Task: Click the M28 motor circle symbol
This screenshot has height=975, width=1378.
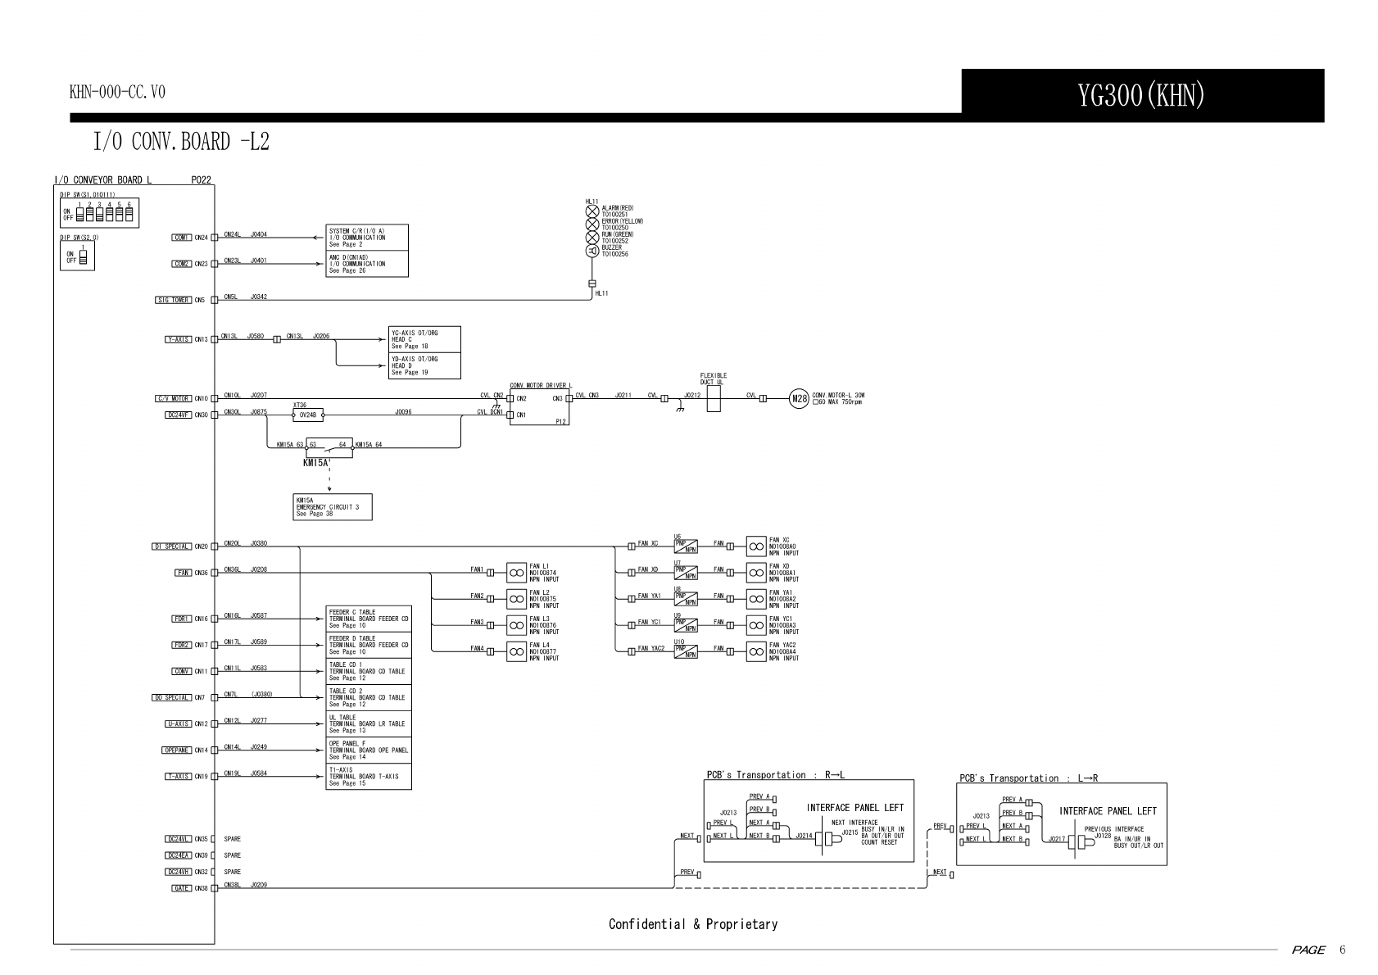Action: pos(798,399)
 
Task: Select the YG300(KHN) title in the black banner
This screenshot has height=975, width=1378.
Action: pos(1142,96)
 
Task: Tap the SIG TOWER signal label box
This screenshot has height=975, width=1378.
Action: pos(173,300)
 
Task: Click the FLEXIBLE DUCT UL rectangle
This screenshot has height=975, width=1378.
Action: pos(714,399)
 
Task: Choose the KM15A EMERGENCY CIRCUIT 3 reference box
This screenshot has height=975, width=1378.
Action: pos(332,507)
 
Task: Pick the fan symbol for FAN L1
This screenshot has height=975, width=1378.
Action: pos(516,571)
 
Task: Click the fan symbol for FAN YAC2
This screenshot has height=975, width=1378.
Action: pos(755,651)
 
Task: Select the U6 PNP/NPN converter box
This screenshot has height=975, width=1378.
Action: pos(686,545)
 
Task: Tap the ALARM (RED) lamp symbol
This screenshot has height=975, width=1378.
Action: pos(592,211)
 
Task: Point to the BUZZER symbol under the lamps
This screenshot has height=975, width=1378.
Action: pos(592,251)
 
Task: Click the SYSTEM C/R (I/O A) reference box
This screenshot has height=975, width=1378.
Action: pos(367,238)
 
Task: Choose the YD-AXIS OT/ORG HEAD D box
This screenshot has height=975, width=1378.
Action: pos(424,365)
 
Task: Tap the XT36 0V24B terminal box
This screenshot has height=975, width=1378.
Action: pos(308,415)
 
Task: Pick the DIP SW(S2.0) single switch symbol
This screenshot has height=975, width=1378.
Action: pos(83,258)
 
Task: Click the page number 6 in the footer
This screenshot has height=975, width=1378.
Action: pos(1342,950)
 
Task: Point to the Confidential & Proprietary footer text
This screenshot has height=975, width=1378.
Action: pos(693,924)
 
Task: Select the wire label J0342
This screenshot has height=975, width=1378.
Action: pos(258,297)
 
